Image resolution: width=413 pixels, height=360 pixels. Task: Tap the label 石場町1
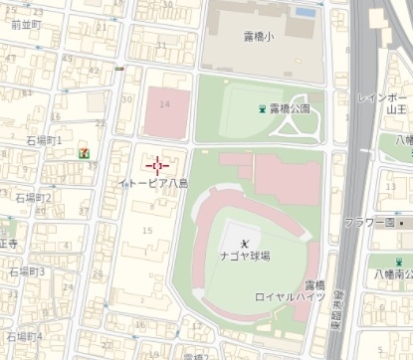point(45,141)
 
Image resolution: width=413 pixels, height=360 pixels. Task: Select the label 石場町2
point(33,198)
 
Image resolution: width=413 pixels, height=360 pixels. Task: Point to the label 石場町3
point(27,271)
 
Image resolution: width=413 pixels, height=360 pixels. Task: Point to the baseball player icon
point(245,233)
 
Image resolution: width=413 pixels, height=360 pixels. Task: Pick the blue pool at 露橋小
point(306,13)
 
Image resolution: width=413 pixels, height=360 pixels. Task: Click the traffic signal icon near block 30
point(119,69)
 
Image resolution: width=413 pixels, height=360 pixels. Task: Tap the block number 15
point(149,231)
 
